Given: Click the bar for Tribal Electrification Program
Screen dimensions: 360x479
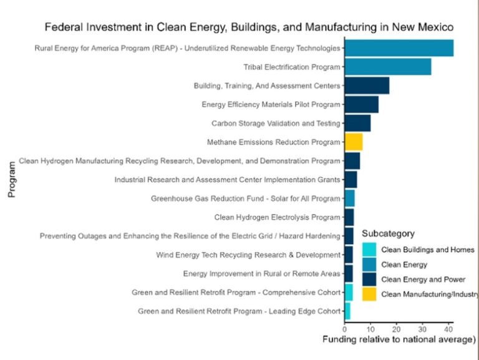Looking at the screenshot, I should pos(387,67).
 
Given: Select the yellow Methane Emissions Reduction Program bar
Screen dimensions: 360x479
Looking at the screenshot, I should pos(353,142).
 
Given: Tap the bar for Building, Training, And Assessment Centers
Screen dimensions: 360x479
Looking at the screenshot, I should pos(367,85).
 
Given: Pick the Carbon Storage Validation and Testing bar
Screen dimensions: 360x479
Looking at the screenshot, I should pos(357,124).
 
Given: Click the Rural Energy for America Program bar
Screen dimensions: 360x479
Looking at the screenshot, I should pos(399,48).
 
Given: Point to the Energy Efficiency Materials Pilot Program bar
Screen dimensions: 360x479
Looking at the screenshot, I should pos(361,104).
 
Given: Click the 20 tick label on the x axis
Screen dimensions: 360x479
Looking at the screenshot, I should pos(396,329).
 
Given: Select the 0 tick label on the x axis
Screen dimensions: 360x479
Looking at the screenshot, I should pos(344,329).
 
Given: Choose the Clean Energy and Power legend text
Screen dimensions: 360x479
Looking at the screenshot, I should pos(422,279).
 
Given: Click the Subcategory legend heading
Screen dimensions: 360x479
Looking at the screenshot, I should pos(388,233).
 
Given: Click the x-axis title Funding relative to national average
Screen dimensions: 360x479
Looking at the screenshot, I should pos(399,340).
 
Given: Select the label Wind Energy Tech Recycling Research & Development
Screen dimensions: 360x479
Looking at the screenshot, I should pos(248,255).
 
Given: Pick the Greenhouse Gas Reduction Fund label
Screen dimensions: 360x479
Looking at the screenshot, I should pos(246,199).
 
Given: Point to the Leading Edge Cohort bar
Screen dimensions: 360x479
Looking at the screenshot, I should pos(347,311).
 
